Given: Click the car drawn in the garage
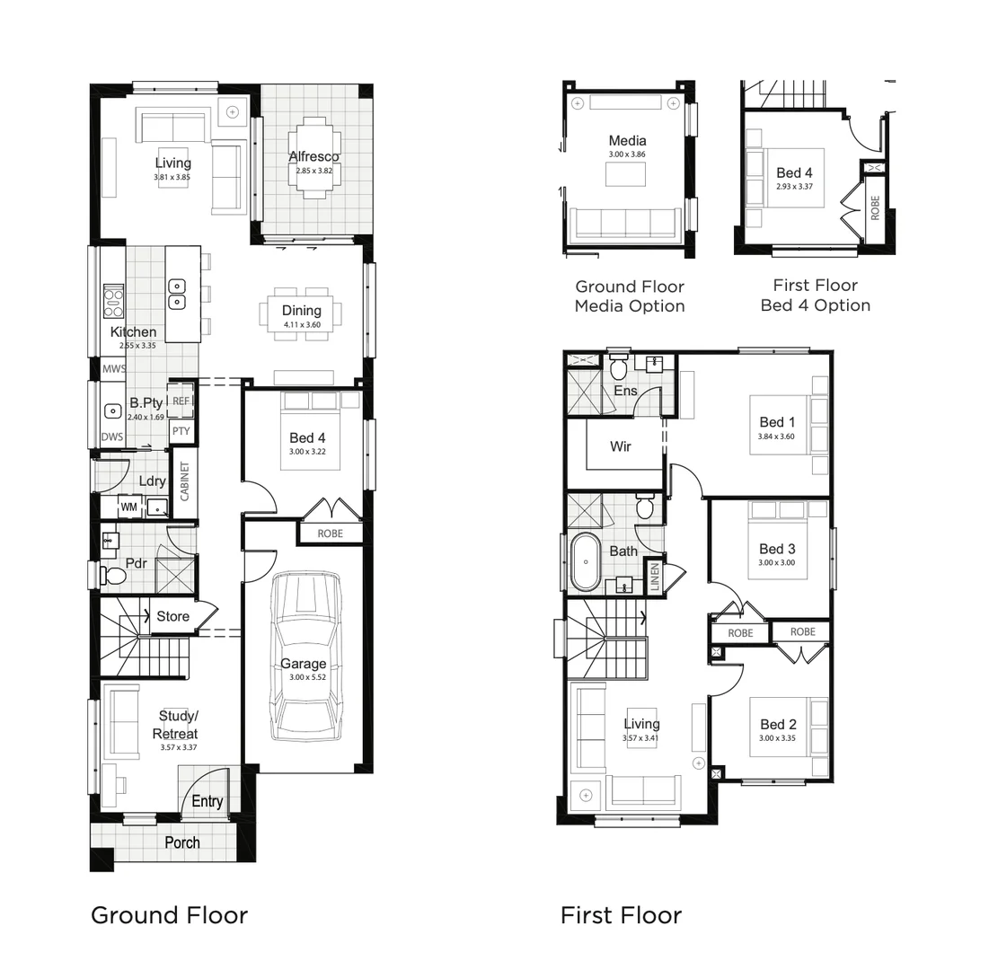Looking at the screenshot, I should point(305,656).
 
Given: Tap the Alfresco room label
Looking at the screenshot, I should point(313,157).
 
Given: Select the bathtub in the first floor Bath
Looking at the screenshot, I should point(586,562).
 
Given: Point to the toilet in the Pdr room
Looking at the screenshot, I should point(114,575).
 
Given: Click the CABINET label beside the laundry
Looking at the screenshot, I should point(185,481).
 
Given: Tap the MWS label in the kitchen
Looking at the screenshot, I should point(114,368).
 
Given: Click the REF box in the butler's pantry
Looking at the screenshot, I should point(181,401).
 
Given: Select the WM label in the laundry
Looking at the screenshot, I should point(128,507).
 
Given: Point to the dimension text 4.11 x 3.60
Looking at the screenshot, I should point(302,324).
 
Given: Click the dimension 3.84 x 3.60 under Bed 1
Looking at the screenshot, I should point(776,436).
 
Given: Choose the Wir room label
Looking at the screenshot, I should point(621,446).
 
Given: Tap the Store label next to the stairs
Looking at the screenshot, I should point(172,616).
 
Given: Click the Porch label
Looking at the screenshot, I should point(182,842).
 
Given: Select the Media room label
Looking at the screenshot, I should point(627,140).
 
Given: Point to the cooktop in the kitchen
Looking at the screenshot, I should point(114,301).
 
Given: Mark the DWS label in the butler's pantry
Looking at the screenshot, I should point(112,436).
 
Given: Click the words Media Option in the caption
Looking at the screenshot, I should point(630,306).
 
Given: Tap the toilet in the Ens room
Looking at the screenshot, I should point(619,367).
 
